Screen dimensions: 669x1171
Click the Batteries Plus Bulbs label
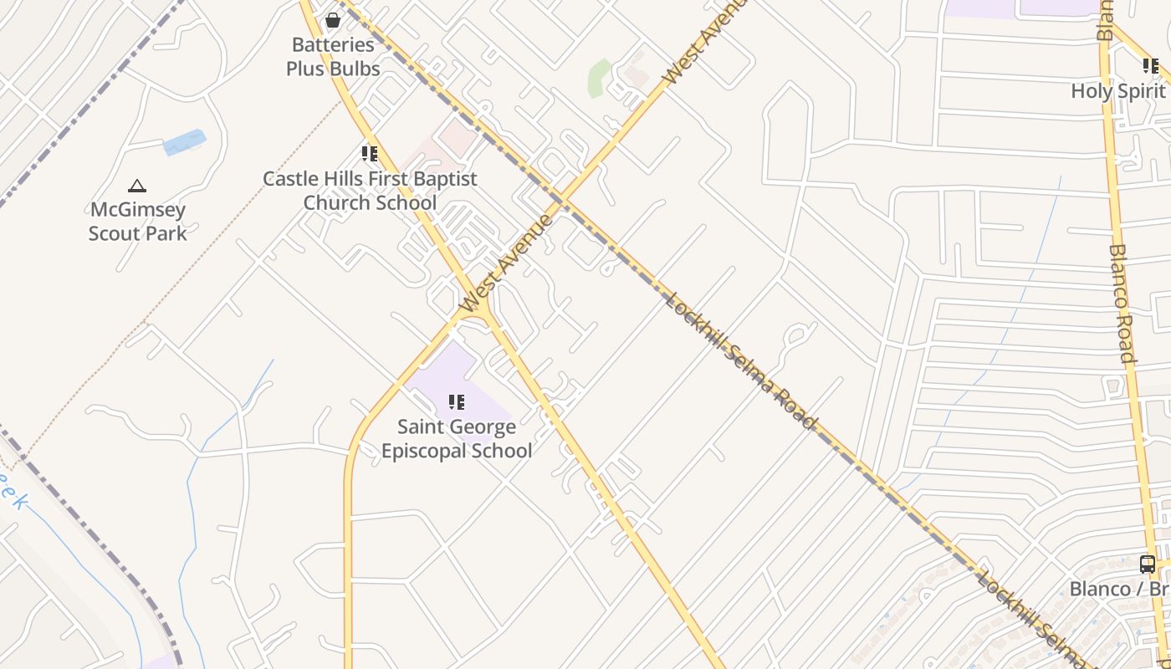(x=333, y=57)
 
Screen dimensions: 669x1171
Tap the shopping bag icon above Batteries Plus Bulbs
(x=333, y=20)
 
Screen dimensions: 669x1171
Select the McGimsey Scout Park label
(x=137, y=222)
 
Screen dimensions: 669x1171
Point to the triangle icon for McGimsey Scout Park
(x=137, y=186)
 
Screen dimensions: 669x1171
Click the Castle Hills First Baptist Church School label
(x=370, y=191)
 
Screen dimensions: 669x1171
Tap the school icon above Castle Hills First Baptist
(x=370, y=154)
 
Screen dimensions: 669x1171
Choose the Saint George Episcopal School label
(x=457, y=439)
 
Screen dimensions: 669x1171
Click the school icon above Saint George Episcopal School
(x=457, y=402)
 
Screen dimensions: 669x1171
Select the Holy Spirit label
(x=1118, y=91)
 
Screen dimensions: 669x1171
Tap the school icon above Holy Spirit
(x=1151, y=65)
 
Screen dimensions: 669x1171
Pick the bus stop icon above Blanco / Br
(x=1148, y=564)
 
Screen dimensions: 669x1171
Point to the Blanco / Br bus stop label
(x=1119, y=589)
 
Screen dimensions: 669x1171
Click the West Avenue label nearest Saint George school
(x=507, y=263)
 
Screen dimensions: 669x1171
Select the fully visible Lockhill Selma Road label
(x=740, y=360)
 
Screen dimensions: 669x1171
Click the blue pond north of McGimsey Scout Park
(x=184, y=142)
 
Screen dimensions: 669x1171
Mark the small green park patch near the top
(x=599, y=78)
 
